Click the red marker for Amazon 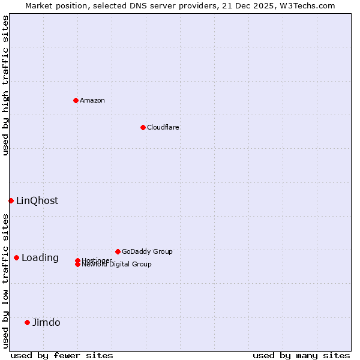(x=76, y=100)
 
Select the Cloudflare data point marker (x=143, y=127)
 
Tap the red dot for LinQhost (x=11, y=200)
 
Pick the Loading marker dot (x=16, y=257)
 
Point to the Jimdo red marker (x=27, y=322)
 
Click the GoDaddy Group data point (x=118, y=251)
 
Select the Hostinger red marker (x=77, y=260)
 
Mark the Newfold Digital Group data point (x=77, y=265)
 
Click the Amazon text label (x=92, y=100)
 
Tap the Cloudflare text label (x=163, y=127)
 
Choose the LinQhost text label (x=37, y=200)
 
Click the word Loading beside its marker (x=40, y=257)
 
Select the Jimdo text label (x=46, y=322)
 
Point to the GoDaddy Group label (x=147, y=251)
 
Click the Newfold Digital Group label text (x=117, y=265)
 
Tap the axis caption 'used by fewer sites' (x=62, y=355)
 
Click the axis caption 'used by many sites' (x=301, y=355)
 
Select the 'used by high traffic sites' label (x=5, y=85)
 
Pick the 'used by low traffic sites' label (x=5, y=280)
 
